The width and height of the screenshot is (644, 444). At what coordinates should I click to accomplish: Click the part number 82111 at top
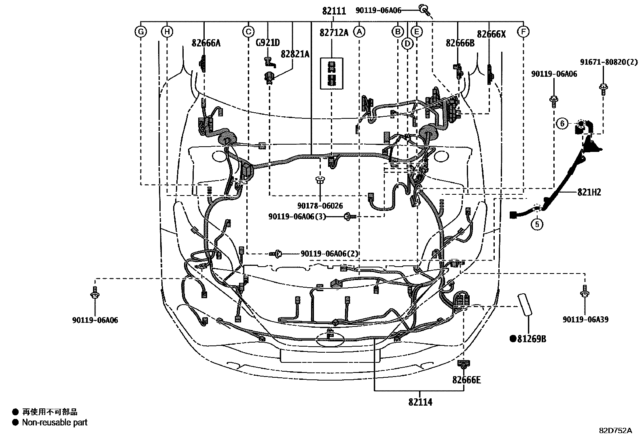click(334, 11)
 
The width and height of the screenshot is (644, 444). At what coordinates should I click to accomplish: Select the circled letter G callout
click(141, 32)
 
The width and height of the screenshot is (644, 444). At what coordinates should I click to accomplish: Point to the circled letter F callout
click(523, 32)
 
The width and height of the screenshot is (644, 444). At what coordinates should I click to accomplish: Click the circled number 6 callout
click(562, 123)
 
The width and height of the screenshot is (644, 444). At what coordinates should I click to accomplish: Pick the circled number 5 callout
click(537, 223)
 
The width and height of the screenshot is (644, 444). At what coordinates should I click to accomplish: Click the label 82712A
click(334, 33)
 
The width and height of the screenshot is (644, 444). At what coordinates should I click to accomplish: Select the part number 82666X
click(491, 34)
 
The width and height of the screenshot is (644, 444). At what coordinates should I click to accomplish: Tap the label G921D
click(268, 43)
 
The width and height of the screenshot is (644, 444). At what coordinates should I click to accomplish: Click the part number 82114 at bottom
click(420, 402)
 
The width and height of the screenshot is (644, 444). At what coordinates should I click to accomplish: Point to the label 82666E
click(466, 380)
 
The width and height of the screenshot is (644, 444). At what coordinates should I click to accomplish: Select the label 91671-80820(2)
click(608, 62)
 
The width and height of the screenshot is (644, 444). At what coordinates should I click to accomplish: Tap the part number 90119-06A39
click(585, 320)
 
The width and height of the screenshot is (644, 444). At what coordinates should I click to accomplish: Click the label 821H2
click(589, 192)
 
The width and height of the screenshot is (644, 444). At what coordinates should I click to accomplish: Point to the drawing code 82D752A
click(615, 430)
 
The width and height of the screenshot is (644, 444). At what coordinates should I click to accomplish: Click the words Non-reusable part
click(55, 423)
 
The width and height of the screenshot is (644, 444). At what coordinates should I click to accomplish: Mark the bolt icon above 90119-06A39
click(584, 292)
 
